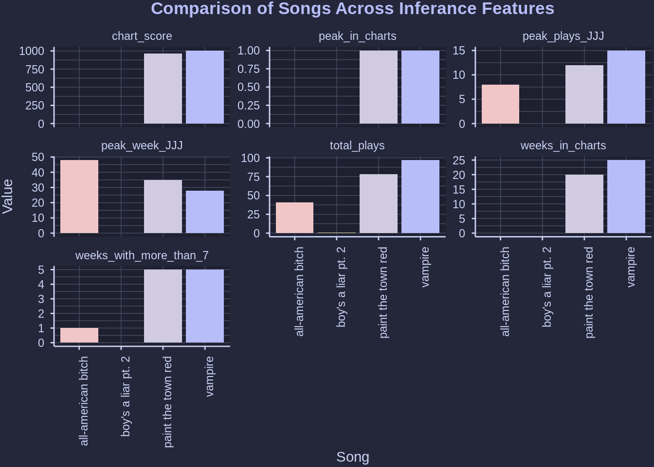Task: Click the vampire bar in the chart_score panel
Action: (205, 87)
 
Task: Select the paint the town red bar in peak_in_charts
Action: (379, 87)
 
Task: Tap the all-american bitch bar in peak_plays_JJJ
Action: (500, 104)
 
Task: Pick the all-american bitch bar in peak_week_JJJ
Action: (79, 197)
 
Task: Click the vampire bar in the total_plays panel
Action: (420, 197)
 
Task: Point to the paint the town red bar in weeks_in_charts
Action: (584, 204)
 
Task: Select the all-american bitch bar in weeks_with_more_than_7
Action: (79, 335)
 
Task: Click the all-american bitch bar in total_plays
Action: (294, 217)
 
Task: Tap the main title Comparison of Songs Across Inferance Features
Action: (352, 9)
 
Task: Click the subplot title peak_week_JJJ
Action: (142, 145)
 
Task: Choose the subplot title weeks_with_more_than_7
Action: (142, 255)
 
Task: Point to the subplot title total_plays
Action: (357, 145)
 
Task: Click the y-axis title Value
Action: (8, 196)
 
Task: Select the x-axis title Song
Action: (353, 457)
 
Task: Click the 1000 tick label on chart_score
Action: (32, 51)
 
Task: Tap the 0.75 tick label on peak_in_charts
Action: (248, 69)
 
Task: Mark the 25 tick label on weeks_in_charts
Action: (459, 161)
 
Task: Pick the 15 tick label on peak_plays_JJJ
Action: (459, 51)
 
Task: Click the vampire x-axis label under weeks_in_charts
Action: (631, 267)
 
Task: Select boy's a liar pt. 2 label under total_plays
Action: (341, 287)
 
